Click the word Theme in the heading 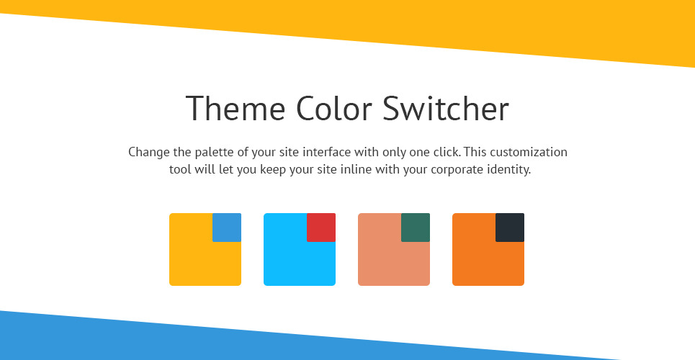236,108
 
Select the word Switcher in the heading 446,108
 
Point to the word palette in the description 214,152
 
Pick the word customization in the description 529,152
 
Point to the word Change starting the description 149,152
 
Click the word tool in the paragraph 180,169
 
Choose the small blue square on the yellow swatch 227,228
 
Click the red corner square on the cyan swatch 321,228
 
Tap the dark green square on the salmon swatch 416,228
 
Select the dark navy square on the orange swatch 510,228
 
